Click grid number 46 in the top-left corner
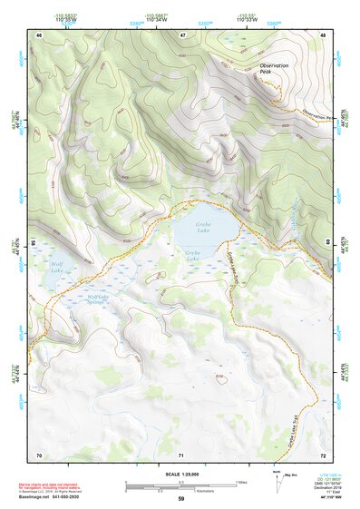tap(39, 34)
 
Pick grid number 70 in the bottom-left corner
tap(39, 453)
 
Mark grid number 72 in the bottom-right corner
tap(322, 453)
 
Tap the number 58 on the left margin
tap(34, 243)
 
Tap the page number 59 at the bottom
tap(180, 498)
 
